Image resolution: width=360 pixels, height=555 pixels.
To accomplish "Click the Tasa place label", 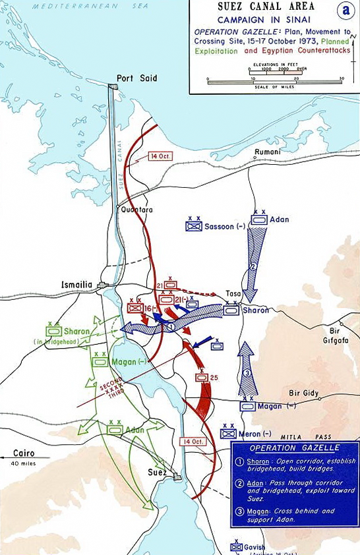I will pyautogui.click(x=233, y=294).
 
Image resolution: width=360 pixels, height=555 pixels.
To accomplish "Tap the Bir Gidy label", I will pyautogui.click(x=304, y=394).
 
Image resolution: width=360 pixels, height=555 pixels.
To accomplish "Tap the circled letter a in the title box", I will pyautogui.click(x=342, y=10).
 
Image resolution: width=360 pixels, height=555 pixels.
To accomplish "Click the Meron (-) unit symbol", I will pyautogui.click(x=229, y=433).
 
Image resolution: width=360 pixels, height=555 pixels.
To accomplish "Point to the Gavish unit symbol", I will pyautogui.click(x=237, y=546).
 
